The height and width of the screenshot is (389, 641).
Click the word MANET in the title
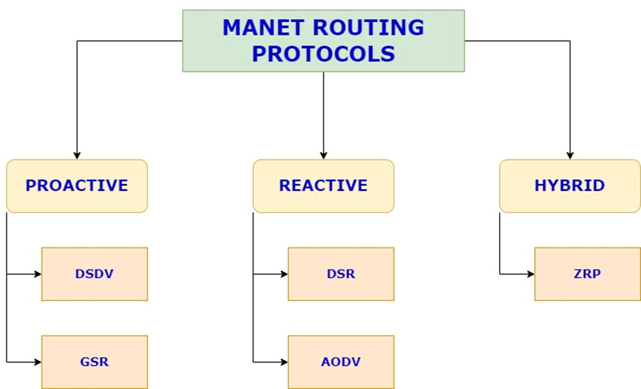coord(263,28)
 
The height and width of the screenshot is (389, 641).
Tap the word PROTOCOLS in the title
coord(323,53)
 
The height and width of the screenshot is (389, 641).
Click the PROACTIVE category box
coord(77,185)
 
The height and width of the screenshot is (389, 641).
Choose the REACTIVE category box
coord(323,185)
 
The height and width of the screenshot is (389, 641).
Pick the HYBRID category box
coord(569,185)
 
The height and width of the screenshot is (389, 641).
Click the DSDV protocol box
coord(94,274)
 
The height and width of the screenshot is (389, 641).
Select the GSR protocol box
coord(94,362)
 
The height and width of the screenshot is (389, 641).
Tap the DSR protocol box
coord(341,274)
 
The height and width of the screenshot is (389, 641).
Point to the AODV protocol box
coord(341,362)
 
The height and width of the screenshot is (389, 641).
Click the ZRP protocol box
coord(587,274)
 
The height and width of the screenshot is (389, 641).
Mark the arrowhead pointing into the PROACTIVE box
coord(77,156)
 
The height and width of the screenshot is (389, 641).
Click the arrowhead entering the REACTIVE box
coord(323,156)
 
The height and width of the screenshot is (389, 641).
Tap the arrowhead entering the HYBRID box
coord(569,156)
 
